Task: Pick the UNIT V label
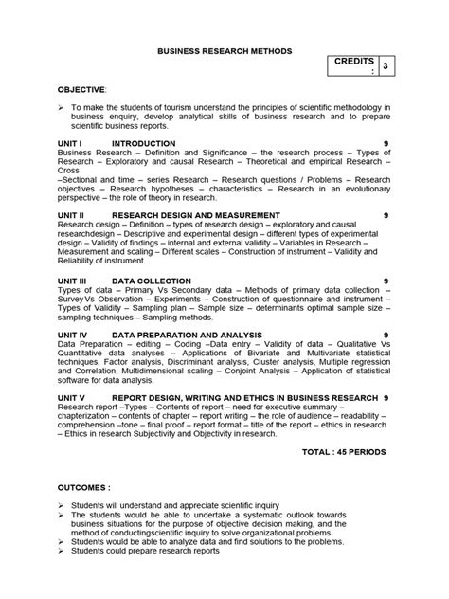click(73, 399)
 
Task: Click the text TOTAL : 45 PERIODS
click(342, 453)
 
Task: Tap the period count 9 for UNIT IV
click(385, 335)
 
